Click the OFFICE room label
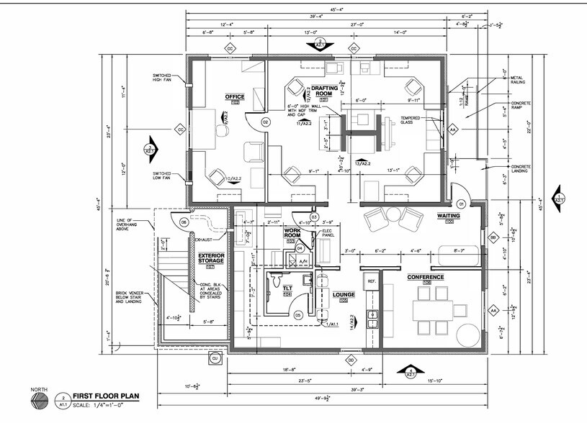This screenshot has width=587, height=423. pyautogui.click(x=234, y=97)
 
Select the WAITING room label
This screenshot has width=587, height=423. pyautogui.click(x=448, y=215)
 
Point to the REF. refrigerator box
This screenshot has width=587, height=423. pyautogui.click(x=372, y=281)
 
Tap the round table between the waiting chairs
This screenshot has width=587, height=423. pyautogui.click(x=393, y=213)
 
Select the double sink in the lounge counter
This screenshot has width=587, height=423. pyautogui.click(x=372, y=319)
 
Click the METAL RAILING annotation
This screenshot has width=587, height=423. pyautogui.click(x=520, y=80)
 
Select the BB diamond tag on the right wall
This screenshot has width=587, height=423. pyautogui.click(x=493, y=237)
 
